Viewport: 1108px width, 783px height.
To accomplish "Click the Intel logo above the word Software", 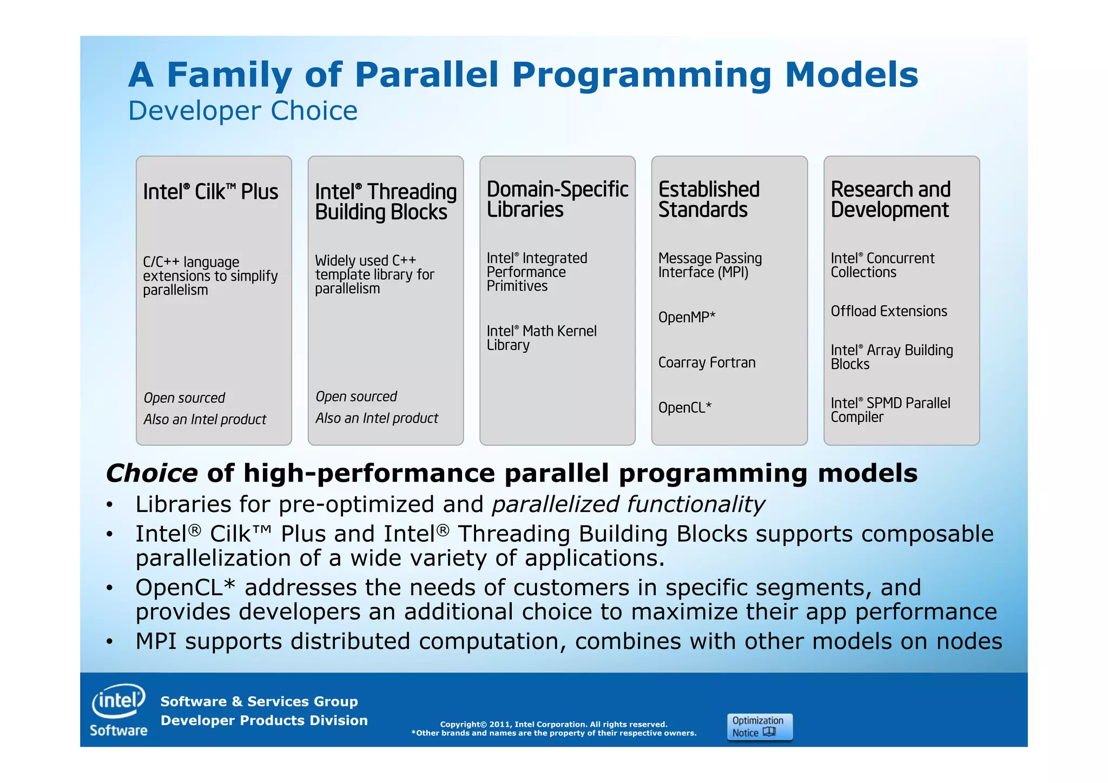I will (x=118, y=701).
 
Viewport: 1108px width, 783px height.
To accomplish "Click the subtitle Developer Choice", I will (x=242, y=111).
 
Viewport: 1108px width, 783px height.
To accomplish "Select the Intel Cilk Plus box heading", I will (x=210, y=192).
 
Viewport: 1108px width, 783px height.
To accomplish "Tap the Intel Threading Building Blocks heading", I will (x=385, y=202).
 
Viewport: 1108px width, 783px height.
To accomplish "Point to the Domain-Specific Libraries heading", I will (x=557, y=199).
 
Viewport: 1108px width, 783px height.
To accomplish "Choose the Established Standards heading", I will (x=709, y=199).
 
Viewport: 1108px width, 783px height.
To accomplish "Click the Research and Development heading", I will (x=891, y=199).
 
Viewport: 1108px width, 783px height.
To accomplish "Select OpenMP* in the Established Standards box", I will (x=687, y=317).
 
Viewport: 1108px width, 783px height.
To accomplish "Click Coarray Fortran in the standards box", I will (x=707, y=363).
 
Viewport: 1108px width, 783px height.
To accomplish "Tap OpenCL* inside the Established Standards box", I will (x=684, y=407).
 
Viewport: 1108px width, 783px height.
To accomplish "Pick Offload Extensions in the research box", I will (x=889, y=311).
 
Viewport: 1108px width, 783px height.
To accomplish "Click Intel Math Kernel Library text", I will (x=541, y=338).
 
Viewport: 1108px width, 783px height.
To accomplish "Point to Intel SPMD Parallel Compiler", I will (x=890, y=410).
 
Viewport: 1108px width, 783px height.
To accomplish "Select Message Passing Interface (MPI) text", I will (x=710, y=265).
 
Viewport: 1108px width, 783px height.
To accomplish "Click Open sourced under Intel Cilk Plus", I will (x=184, y=398).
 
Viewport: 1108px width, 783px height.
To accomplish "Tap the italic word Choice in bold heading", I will (x=152, y=473).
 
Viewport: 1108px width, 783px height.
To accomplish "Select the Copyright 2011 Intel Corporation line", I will (x=553, y=724).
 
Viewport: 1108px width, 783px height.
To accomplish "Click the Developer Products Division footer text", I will (x=264, y=720).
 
